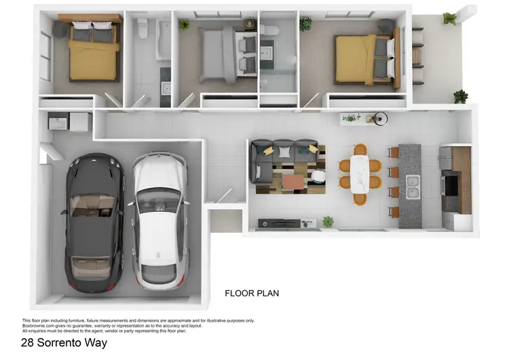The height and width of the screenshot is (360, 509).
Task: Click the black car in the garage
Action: point(94,221)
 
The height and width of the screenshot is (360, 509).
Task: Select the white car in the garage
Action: point(159,217)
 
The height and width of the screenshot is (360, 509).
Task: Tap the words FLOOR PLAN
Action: point(252,293)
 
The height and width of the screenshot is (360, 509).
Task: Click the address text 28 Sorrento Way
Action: point(64,343)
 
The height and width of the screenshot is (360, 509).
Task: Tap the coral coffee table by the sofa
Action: point(294,181)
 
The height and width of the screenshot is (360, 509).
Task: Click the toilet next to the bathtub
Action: point(143,29)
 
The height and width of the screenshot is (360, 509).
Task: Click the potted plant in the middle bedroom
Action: point(185,25)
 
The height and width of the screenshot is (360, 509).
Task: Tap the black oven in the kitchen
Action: point(449,183)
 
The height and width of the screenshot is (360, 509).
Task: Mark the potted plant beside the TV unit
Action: point(328,221)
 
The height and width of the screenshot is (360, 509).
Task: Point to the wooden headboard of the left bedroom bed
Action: point(90,18)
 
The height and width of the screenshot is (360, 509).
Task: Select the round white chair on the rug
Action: point(318,175)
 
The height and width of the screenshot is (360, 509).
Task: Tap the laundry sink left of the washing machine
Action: point(57,123)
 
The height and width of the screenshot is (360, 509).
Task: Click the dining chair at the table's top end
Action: point(359,149)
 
